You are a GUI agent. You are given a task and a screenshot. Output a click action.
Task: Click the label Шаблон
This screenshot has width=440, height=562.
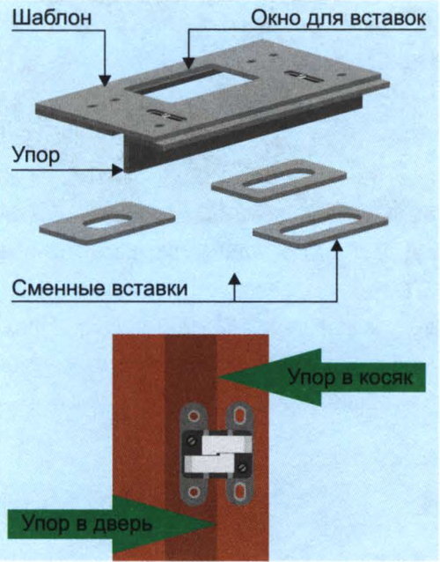tap(52, 18)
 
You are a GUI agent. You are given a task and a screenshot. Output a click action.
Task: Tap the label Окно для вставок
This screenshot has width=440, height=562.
tap(338, 18)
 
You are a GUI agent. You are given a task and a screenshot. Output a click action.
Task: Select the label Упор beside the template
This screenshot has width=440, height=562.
tap(36, 156)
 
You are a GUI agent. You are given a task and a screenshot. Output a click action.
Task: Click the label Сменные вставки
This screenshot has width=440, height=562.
tap(100, 289)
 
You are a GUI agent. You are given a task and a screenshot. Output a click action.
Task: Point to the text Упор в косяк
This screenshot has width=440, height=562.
tap(350, 378)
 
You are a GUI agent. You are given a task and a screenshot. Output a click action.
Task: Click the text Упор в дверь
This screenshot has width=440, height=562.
tap(87, 524)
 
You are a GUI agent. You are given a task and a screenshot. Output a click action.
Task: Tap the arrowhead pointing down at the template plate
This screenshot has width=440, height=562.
tap(105, 80)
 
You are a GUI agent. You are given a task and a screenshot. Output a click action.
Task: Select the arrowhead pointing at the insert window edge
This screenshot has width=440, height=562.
tap(188, 63)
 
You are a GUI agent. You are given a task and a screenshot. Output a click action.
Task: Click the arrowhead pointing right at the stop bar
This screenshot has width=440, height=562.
tap(117, 169)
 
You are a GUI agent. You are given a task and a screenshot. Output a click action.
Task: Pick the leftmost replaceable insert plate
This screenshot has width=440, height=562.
tap(107, 223)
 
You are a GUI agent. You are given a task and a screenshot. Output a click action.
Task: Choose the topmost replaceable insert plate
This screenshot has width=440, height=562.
tap(279, 181)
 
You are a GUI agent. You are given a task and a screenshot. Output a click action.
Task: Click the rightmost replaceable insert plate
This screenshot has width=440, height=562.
tap(320, 226)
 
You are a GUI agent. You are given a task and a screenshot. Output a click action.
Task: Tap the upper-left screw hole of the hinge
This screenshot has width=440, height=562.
tap(194, 417)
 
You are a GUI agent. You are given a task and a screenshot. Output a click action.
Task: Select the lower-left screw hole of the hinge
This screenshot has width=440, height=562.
tap(194, 492)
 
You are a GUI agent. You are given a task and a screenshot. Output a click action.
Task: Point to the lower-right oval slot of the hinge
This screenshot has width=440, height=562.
tap(239, 492)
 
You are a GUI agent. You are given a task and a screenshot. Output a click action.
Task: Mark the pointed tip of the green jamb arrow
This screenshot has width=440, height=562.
tap(219, 377)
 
